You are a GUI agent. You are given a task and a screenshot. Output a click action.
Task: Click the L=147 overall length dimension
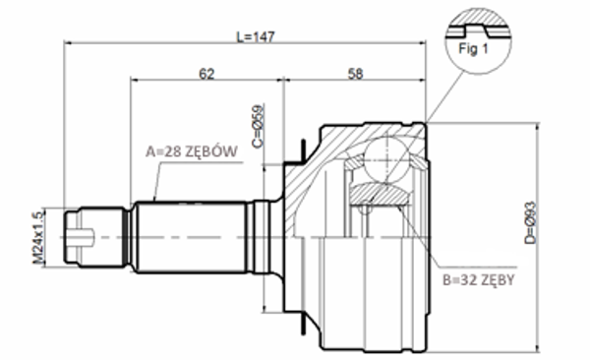[256, 36]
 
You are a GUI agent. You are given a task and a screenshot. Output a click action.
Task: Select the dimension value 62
[206, 74]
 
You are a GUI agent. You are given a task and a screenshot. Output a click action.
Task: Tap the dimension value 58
[355, 74]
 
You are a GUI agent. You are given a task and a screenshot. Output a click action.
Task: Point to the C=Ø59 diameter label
[258, 126]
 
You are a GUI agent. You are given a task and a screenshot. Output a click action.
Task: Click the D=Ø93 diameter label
[531, 223]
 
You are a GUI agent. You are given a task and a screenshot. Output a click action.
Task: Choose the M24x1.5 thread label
[38, 238]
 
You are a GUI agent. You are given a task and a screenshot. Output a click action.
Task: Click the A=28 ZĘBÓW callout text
[192, 151]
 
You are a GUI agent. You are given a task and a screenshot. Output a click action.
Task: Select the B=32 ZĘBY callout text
[479, 280]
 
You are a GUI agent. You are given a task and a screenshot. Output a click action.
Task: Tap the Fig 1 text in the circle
[473, 48]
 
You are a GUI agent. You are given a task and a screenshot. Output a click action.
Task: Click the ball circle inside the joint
[386, 159]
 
